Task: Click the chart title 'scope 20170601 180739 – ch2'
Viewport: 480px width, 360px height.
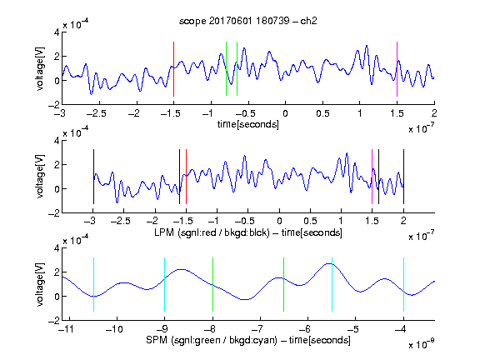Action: (x=248, y=21)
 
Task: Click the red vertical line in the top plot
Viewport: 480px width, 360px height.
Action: (x=173, y=69)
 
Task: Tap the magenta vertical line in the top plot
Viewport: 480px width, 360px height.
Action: (x=397, y=69)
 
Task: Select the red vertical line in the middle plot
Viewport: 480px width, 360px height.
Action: (x=186, y=177)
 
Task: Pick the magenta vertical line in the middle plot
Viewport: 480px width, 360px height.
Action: (x=372, y=177)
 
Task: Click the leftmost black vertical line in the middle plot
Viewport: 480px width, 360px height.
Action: (x=93, y=177)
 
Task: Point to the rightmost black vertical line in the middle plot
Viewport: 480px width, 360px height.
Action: (x=403, y=177)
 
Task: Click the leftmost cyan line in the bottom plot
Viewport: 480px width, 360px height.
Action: (x=93, y=285)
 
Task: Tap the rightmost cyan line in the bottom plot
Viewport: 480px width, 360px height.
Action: (x=403, y=285)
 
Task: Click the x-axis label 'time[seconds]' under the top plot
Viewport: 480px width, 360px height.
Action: (x=248, y=125)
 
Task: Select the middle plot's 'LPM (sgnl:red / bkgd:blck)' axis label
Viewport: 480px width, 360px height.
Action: (x=212, y=232)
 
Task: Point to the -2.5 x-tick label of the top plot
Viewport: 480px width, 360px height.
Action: (x=96, y=113)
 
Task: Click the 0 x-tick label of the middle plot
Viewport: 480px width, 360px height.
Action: (x=279, y=221)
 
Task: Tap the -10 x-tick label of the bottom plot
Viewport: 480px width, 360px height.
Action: (x=114, y=329)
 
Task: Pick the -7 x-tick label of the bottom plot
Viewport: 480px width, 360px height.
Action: (x=259, y=329)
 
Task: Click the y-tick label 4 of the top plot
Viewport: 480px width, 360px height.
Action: (x=57, y=32)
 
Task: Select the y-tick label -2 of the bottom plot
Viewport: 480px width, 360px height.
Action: (x=54, y=321)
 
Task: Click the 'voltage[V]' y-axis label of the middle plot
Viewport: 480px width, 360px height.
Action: (x=40, y=177)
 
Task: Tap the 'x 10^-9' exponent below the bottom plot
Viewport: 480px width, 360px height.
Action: (x=422, y=344)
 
